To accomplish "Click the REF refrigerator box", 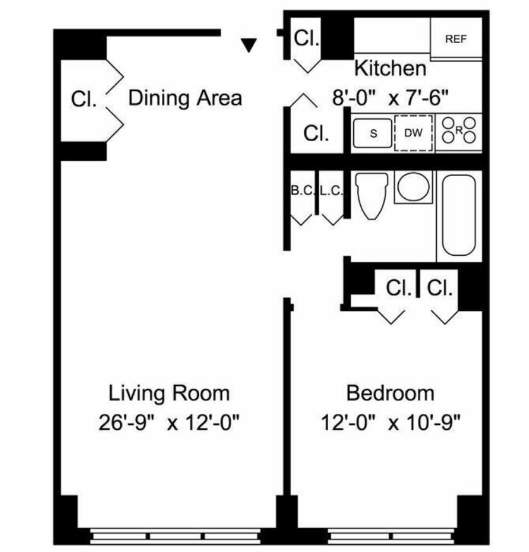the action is (x=456, y=38).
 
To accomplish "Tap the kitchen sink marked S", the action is (x=373, y=133).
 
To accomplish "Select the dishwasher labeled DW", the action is (x=413, y=133).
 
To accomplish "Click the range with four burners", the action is (x=459, y=130).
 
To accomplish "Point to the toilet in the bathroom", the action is (x=372, y=196).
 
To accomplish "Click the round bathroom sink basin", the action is (x=413, y=187).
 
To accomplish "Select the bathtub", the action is (x=459, y=215).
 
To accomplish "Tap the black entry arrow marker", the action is (x=249, y=45).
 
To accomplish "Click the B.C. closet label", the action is (x=303, y=191).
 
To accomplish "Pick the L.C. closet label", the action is (x=331, y=191).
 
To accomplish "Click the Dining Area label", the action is (x=185, y=98).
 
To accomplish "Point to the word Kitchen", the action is (x=390, y=68).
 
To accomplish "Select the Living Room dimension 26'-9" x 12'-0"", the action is (x=169, y=422).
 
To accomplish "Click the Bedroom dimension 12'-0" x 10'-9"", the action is (x=391, y=422).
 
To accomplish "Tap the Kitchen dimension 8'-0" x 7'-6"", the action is (x=391, y=97).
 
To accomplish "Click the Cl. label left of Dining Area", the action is (x=83, y=99).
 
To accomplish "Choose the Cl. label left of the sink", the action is (x=317, y=134).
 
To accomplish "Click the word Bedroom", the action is (x=390, y=393).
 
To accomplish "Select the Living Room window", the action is (x=175, y=536).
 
